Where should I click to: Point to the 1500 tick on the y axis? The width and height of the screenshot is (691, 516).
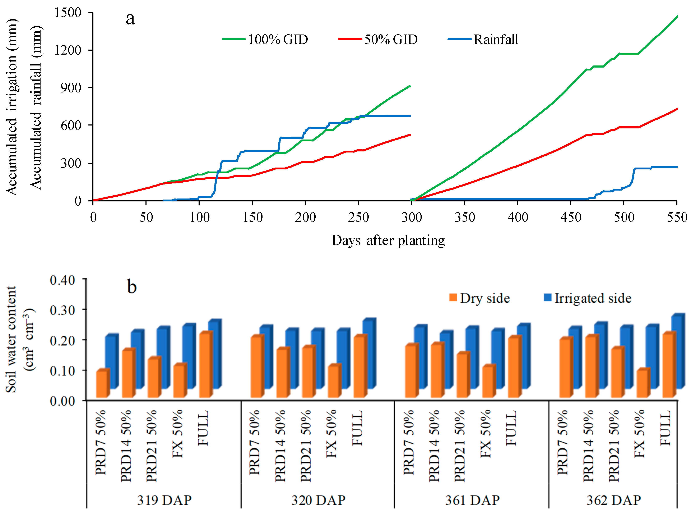[x=68, y=13]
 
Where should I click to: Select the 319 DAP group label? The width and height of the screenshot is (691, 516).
[x=164, y=500]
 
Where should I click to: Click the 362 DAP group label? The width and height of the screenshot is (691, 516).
[x=614, y=500]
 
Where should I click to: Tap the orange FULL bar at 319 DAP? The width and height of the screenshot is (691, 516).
[x=205, y=365]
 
